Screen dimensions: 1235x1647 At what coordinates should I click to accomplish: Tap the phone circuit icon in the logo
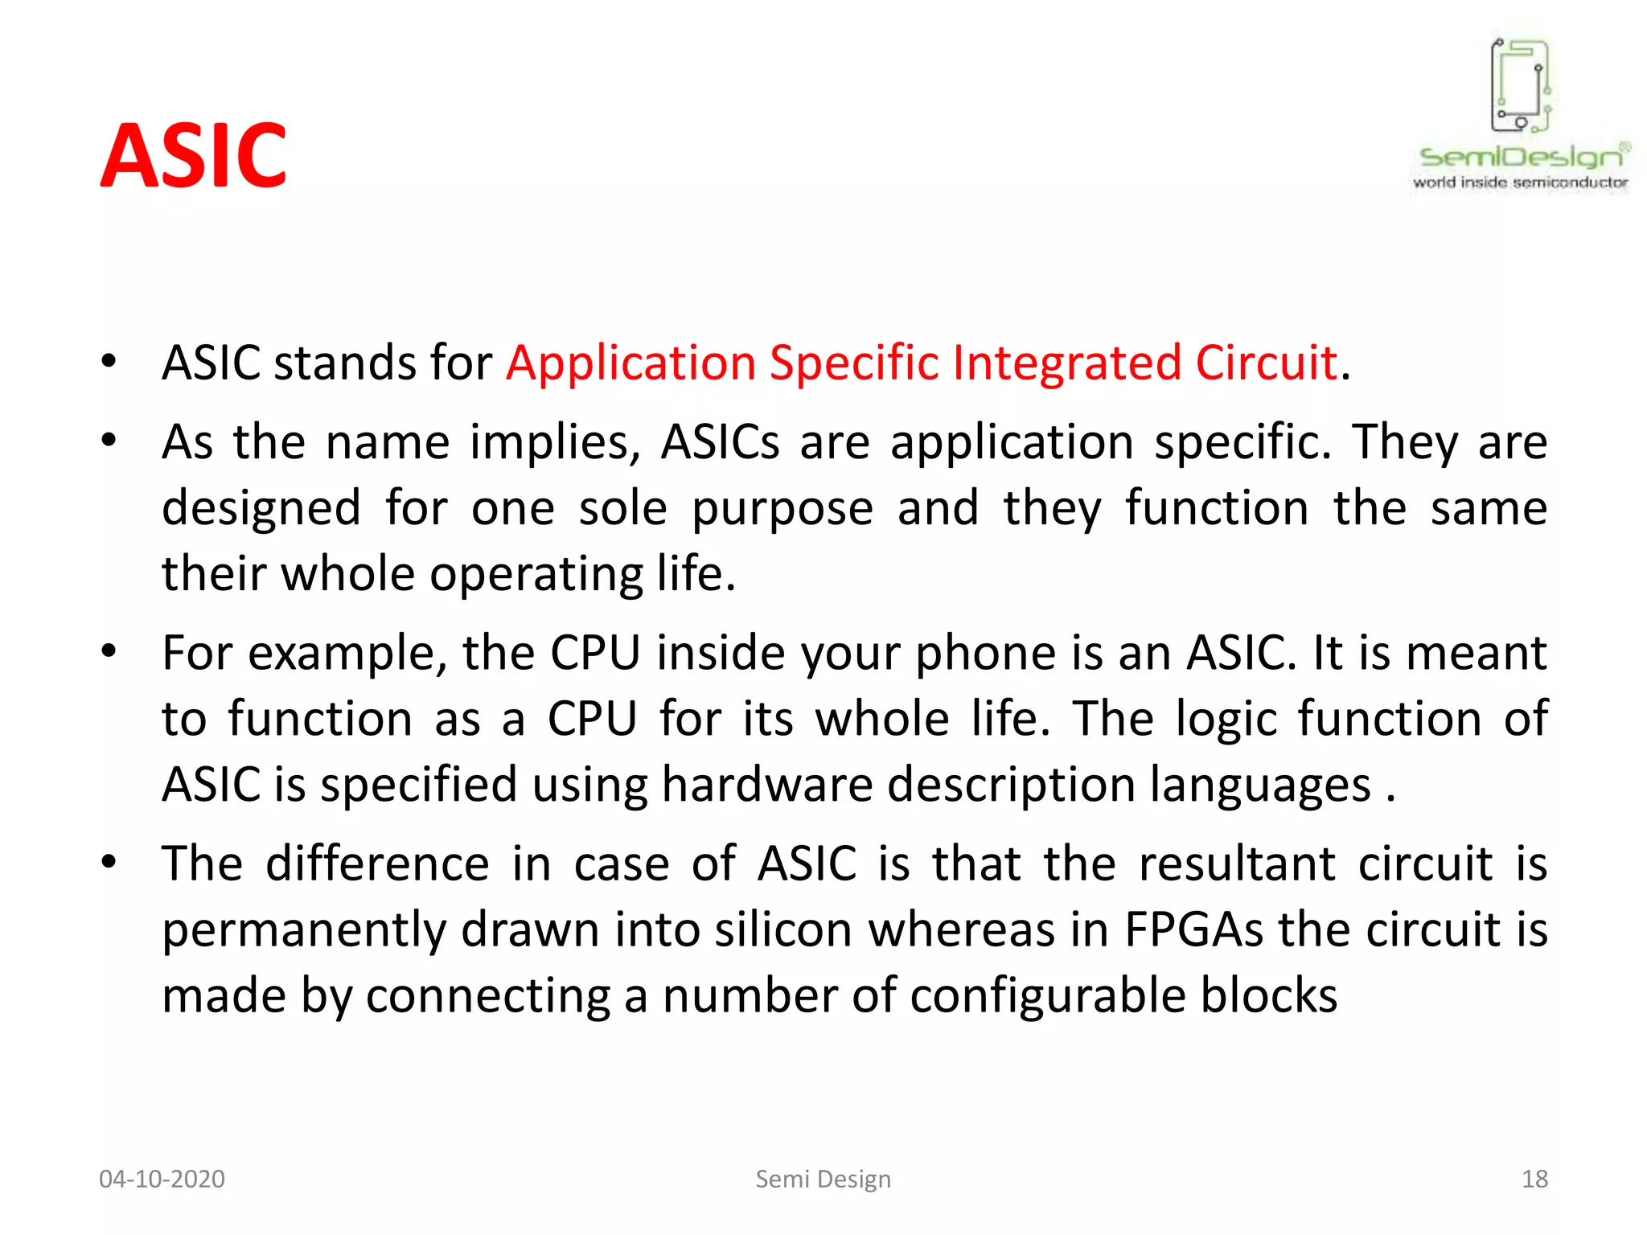click(1520, 85)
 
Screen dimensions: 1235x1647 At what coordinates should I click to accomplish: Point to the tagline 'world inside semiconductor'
click(1520, 183)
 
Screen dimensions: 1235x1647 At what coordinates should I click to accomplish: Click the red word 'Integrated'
click(1066, 363)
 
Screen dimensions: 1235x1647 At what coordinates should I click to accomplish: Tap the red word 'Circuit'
click(1266, 363)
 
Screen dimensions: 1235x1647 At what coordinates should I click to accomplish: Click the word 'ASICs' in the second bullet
click(720, 442)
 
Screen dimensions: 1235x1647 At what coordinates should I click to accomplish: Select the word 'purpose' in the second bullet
click(782, 510)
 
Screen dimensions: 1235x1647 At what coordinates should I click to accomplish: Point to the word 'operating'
click(536, 575)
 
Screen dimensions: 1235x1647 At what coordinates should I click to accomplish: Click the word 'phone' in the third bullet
click(986, 653)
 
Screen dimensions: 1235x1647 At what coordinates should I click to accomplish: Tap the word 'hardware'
click(766, 785)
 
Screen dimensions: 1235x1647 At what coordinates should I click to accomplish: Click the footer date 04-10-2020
click(162, 1179)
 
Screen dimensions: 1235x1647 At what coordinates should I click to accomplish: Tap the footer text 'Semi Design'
click(823, 1179)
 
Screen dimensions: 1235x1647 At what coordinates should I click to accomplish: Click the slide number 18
click(1534, 1179)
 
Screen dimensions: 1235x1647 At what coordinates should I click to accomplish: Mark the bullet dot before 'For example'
click(109, 650)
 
